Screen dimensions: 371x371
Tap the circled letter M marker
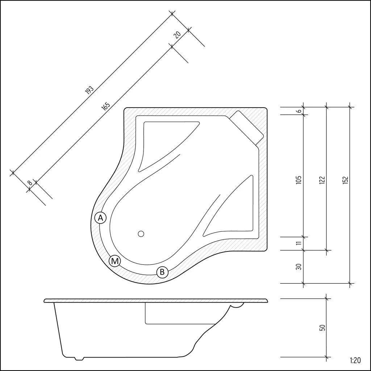point(115,261)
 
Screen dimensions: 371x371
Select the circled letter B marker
point(162,272)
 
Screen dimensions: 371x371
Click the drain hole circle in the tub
point(141,234)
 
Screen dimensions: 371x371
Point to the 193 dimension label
point(89,90)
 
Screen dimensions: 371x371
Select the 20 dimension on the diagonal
point(177,34)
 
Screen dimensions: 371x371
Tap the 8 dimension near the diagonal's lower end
point(30,183)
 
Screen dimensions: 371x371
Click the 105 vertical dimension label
point(299,180)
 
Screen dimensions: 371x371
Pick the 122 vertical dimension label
point(322,180)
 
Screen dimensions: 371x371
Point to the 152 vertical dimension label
point(345,180)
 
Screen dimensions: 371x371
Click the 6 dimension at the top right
point(299,111)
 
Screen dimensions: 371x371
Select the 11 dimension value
point(299,243)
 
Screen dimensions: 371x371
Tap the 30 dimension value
point(299,266)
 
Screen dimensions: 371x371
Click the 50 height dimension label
point(322,328)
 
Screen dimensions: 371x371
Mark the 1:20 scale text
point(355,360)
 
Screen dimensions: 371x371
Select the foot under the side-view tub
point(79,358)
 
